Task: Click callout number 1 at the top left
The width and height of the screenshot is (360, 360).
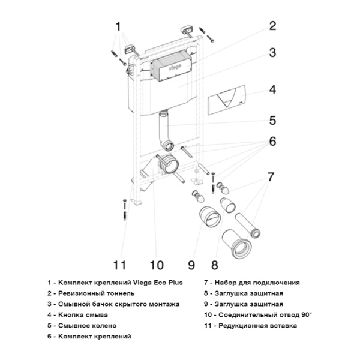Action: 118,26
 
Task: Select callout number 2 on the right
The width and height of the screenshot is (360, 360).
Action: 272,26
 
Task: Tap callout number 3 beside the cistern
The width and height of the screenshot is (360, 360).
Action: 272,53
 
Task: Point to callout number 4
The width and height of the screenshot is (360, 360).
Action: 272,89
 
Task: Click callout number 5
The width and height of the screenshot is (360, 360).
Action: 272,121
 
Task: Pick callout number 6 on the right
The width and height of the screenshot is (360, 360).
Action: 272,142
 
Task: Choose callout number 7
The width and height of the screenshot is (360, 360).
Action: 271,177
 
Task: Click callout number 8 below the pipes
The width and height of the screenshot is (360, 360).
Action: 215,264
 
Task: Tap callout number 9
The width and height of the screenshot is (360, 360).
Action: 191,264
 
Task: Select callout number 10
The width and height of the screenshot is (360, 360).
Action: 156,264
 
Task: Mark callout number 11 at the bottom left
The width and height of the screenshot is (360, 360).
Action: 121,264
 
